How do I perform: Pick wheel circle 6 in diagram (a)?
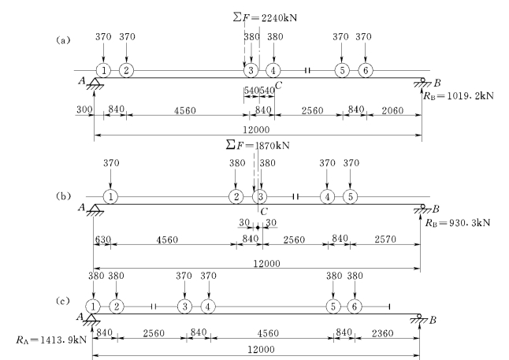click(364, 70)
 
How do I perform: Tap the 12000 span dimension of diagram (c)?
click(261, 348)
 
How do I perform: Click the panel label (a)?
click(60, 40)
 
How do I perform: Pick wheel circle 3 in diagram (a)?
click(251, 70)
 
